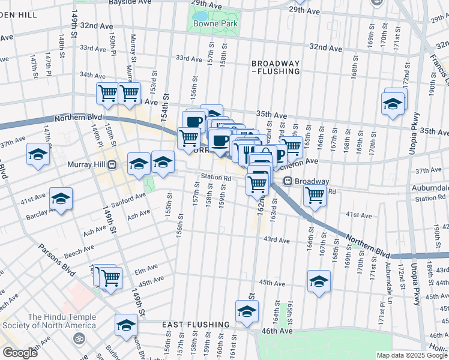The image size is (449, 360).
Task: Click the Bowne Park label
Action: (x=215, y=24)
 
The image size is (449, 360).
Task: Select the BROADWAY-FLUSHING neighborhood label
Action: (x=276, y=67)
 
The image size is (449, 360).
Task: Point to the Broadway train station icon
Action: (x=288, y=181)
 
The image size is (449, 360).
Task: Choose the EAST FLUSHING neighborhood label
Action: (x=196, y=325)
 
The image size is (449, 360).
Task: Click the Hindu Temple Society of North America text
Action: (x=61, y=321)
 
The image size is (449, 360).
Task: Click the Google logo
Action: (x=20, y=353)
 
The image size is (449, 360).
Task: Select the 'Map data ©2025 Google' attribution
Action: (x=412, y=355)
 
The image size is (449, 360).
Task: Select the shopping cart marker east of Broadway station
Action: (x=315, y=195)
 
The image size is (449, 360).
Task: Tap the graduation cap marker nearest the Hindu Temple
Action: (x=126, y=325)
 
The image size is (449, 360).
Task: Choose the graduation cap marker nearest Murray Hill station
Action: (x=139, y=163)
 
